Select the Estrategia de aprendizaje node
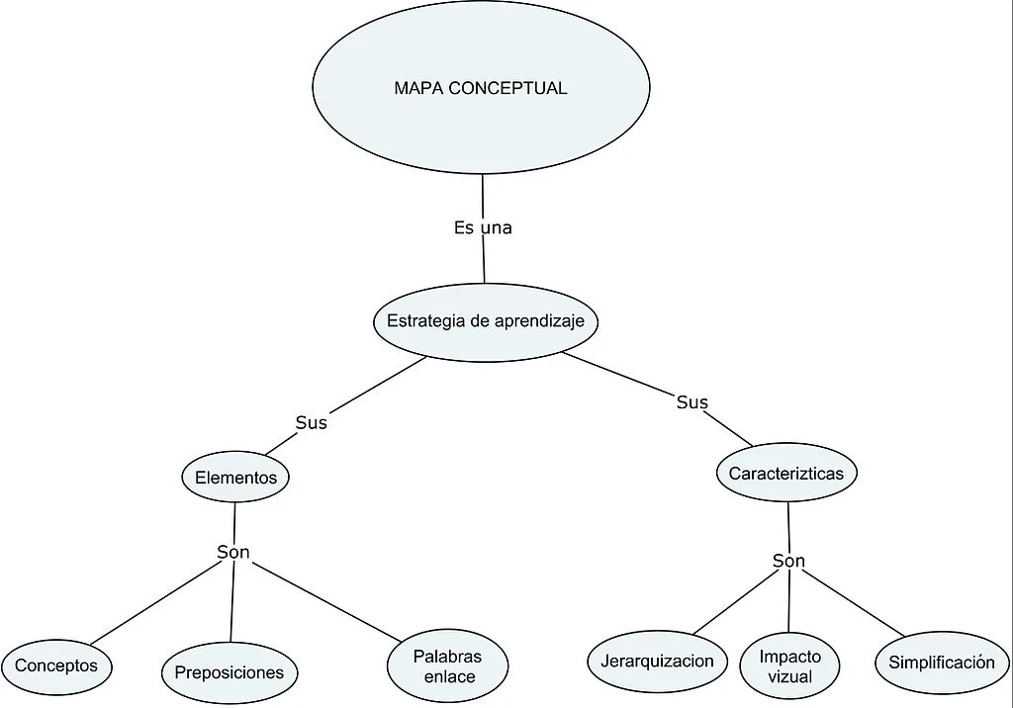[486, 321]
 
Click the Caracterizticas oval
[786, 474]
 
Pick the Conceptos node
[56, 665]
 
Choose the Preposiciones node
[230, 673]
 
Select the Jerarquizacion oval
[657, 661]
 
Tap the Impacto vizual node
[789, 666]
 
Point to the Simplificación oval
[941, 663]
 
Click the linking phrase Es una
[483, 227]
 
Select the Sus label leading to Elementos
[311, 422]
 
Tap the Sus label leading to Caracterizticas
[691, 401]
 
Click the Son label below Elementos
[233, 552]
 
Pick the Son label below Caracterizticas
[788, 561]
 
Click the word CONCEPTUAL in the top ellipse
[507, 88]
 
